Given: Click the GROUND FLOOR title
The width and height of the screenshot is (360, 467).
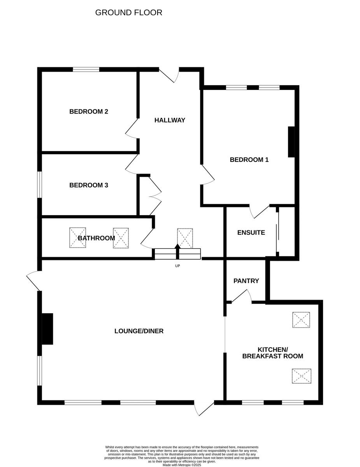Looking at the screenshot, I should [128, 12].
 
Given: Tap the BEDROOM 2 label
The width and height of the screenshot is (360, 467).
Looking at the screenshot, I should [88, 112].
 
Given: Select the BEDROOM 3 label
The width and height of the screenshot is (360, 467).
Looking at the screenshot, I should [88, 185].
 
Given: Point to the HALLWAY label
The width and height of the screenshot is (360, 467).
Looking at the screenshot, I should [170, 120].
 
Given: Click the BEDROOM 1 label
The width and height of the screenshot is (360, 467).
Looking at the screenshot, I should [249, 160].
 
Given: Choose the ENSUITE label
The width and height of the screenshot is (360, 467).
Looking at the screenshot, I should [251, 233].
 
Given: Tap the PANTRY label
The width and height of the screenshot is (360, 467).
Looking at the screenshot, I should [246, 281].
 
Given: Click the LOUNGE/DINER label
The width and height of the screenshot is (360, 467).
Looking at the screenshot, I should [139, 331].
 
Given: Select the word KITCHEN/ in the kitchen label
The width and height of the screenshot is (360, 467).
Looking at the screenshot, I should [272, 349].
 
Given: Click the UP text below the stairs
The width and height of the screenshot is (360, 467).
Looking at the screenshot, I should [177, 266].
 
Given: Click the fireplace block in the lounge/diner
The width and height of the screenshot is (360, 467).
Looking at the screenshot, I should [47, 329].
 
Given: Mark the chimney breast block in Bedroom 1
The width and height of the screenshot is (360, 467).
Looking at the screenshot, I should [291, 142].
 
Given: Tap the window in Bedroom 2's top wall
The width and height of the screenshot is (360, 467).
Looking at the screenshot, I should [86, 70].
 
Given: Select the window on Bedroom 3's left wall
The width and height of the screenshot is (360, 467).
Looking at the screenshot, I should [39, 185].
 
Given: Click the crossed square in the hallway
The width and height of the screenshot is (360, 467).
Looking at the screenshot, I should [185, 238].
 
